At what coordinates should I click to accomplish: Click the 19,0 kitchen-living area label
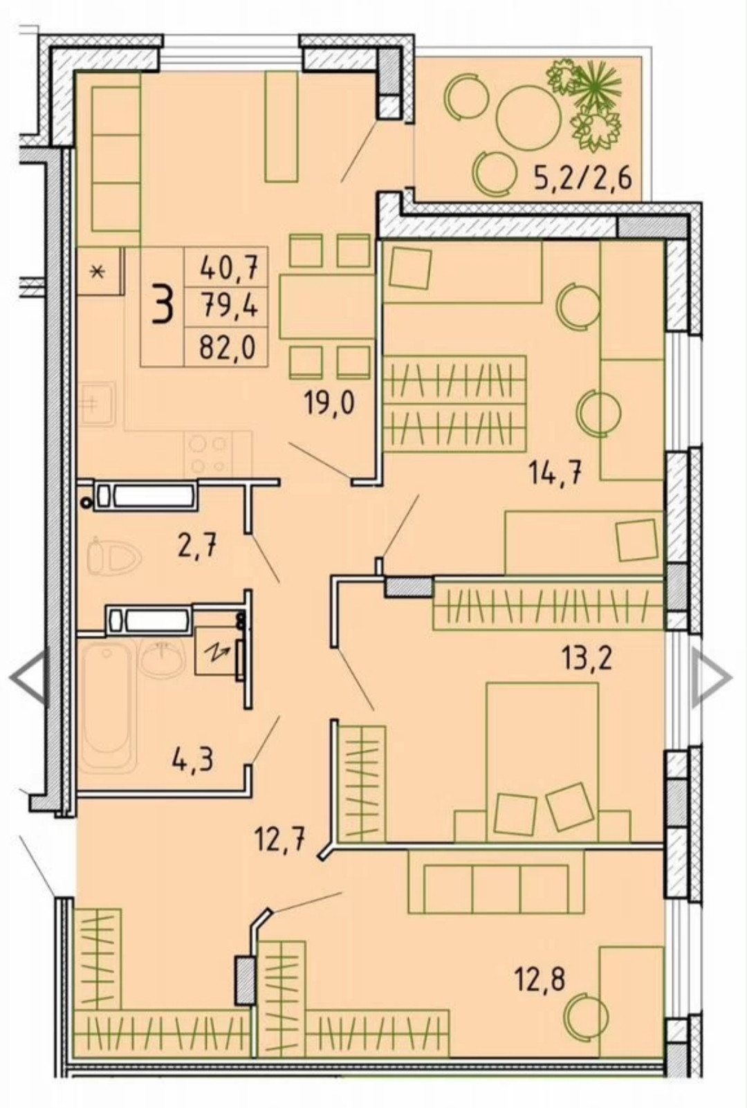pyautogui.click(x=330, y=404)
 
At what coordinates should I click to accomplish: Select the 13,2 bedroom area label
pyautogui.click(x=587, y=658)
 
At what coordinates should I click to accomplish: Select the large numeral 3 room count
pyautogui.click(x=163, y=306)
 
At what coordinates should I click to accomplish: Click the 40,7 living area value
pyautogui.click(x=228, y=270)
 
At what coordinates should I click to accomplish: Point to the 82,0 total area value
pyautogui.click(x=228, y=347)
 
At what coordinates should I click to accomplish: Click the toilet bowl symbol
pyautogui.click(x=114, y=555)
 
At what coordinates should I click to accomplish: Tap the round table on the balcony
pyautogui.click(x=528, y=118)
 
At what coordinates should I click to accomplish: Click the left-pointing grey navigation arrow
pyautogui.click(x=30, y=678)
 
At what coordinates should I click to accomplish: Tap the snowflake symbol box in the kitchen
pyautogui.click(x=100, y=271)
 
